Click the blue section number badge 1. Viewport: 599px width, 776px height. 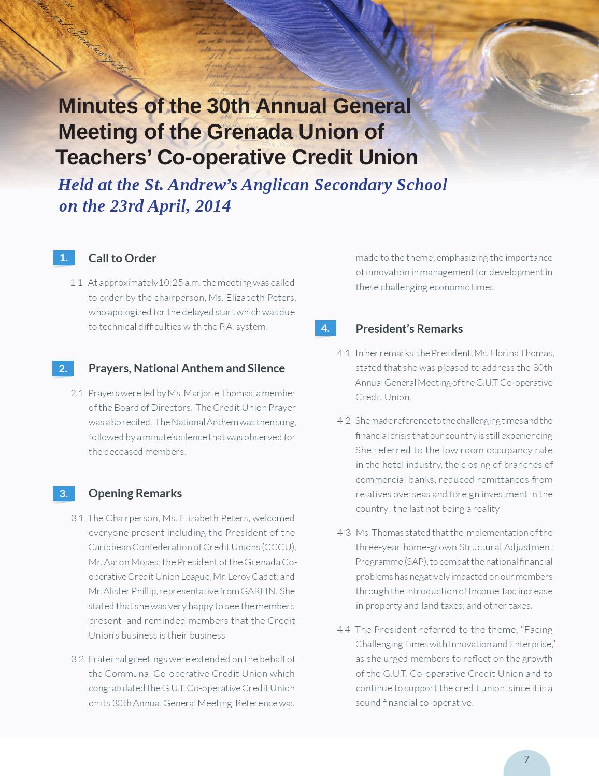(63, 258)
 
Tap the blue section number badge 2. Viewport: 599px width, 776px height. (63, 368)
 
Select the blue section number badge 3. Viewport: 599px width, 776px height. (63, 493)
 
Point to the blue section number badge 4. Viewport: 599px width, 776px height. (325, 328)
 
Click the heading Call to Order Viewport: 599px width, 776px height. (122, 258)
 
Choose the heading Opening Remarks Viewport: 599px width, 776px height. (135, 493)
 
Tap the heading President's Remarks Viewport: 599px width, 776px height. (409, 329)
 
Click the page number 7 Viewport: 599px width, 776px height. (526, 760)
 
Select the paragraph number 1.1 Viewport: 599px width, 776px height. (76, 283)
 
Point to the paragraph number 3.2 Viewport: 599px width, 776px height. (77, 659)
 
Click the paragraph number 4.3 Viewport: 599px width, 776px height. (344, 533)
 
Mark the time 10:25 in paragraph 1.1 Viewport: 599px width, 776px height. (170, 283)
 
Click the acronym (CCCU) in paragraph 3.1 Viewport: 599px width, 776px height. (279, 547)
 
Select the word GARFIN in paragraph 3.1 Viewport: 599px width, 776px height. (258, 591)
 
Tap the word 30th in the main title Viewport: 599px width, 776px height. (228, 106)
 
